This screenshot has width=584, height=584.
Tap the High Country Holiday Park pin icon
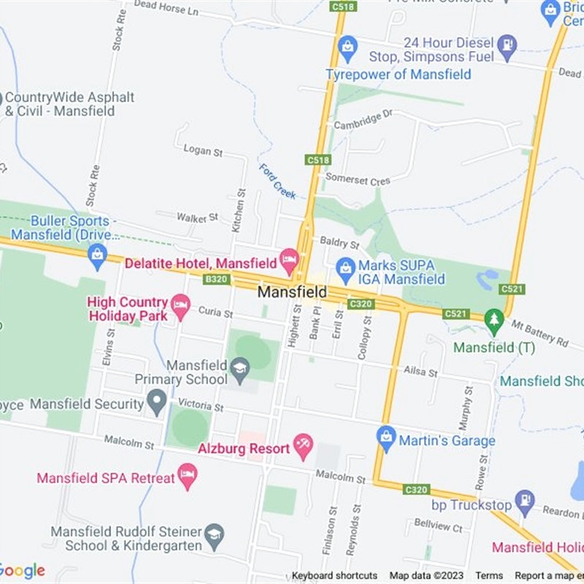[180, 303]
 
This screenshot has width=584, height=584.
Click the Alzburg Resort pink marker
[303, 444]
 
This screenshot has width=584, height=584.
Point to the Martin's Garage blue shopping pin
[385, 437]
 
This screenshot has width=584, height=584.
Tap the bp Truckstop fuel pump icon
[524, 500]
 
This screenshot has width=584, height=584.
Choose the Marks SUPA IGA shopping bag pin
[345, 267]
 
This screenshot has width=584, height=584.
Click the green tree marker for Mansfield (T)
[495, 320]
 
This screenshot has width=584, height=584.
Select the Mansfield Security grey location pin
[156, 399]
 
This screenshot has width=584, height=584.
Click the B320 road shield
[216, 280]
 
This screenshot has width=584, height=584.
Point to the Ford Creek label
[277, 181]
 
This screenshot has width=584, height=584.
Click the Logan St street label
[203, 151]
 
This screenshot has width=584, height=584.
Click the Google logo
[22, 570]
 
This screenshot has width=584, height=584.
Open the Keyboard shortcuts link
[334, 576]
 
